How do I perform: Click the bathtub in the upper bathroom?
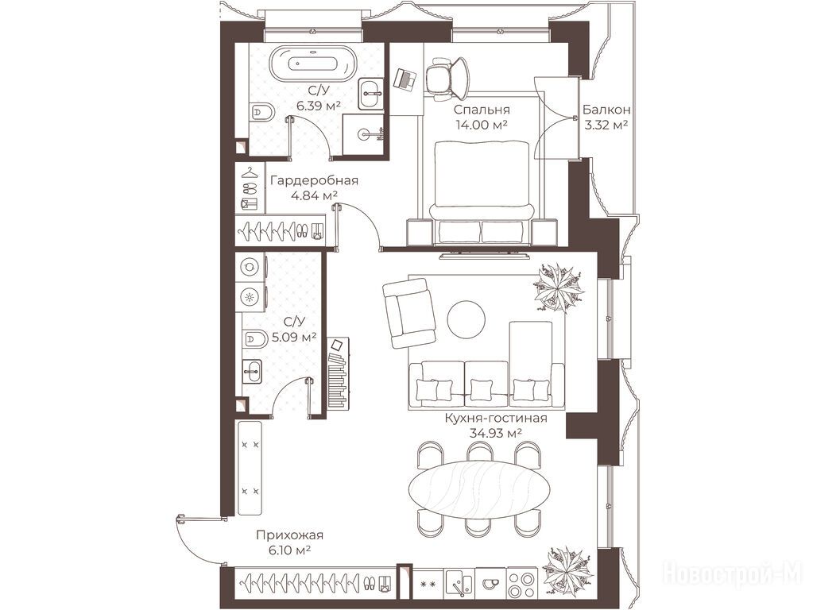click(x=312, y=64)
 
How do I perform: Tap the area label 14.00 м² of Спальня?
click(x=481, y=125)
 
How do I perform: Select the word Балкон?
click(x=606, y=110)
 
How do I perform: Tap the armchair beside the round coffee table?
click(x=408, y=313)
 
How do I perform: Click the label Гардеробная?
click(x=314, y=180)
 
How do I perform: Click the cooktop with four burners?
click(x=523, y=584)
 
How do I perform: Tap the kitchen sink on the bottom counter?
click(x=459, y=584)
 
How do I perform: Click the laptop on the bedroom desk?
click(x=406, y=79)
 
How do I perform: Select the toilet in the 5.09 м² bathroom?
click(x=254, y=339)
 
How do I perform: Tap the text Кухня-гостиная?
click(x=496, y=418)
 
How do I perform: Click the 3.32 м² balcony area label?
click(x=606, y=125)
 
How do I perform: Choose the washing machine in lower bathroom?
click(x=250, y=266)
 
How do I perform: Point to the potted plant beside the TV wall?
click(x=559, y=288)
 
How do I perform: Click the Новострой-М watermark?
click(x=734, y=573)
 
